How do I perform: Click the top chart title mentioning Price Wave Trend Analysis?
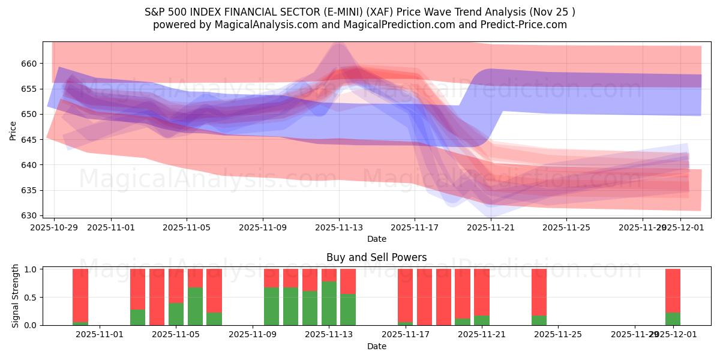click(359, 12)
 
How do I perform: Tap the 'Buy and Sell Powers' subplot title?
click(376, 257)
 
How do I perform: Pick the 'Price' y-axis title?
click(13, 130)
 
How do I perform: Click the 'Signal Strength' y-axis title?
click(16, 296)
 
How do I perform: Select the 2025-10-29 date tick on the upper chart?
click(54, 227)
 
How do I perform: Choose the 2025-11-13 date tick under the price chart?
click(339, 227)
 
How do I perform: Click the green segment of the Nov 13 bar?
click(329, 303)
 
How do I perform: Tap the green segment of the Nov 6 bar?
click(195, 306)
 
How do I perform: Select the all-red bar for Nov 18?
click(424, 296)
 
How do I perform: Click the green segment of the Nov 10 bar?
click(271, 306)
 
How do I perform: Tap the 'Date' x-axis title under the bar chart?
click(376, 346)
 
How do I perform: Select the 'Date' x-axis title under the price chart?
click(376, 239)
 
